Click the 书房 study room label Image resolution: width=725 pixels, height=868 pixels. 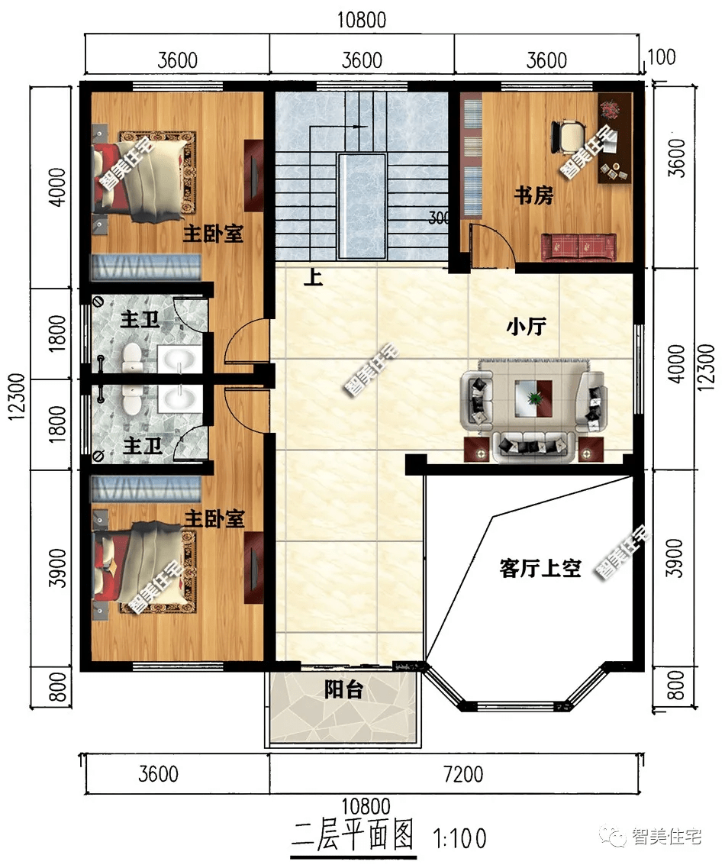[x=533, y=195]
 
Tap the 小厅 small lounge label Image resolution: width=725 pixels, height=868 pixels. [x=527, y=326]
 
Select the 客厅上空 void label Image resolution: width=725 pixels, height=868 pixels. [x=540, y=568]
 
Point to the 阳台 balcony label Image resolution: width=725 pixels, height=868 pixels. [x=343, y=689]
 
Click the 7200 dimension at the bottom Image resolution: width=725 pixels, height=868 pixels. [x=464, y=774]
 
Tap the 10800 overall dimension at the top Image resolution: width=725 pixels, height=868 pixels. [x=362, y=21]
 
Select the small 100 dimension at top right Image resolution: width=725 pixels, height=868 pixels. [x=662, y=57]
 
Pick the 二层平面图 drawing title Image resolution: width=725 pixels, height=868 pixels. [x=353, y=836]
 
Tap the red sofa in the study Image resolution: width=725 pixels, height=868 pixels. [x=578, y=246]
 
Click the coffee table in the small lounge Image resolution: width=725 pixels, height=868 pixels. [x=533, y=398]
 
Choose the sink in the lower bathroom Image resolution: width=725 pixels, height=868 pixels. [x=179, y=399]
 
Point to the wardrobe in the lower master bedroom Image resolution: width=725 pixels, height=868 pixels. [x=253, y=567]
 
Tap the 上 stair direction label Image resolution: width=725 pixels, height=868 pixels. [x=313, y=277]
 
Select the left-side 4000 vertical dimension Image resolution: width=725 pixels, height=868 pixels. [x=57, y=187]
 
